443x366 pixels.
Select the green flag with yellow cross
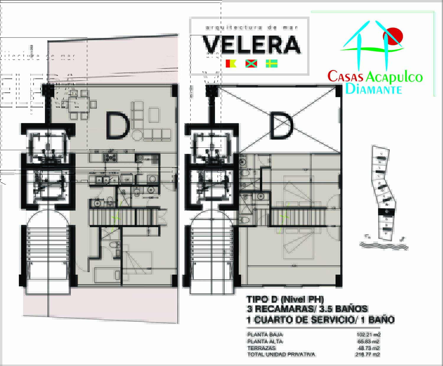coord(272,64)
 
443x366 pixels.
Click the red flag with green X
coord(251,64)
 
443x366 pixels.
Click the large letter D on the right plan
coord(281,127)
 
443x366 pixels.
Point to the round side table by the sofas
coord(137,135)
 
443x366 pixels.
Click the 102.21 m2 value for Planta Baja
coord(368,335)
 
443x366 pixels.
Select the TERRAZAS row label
coord(261,348)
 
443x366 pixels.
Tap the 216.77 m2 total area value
coord(367,354)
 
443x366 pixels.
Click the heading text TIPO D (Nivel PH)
coord(285,299)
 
